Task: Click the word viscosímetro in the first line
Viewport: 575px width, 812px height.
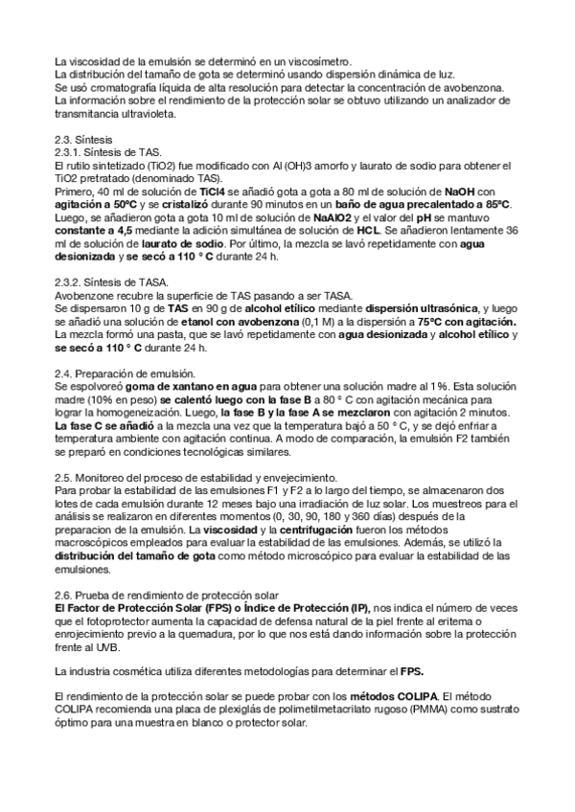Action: (x=318, y=61)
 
